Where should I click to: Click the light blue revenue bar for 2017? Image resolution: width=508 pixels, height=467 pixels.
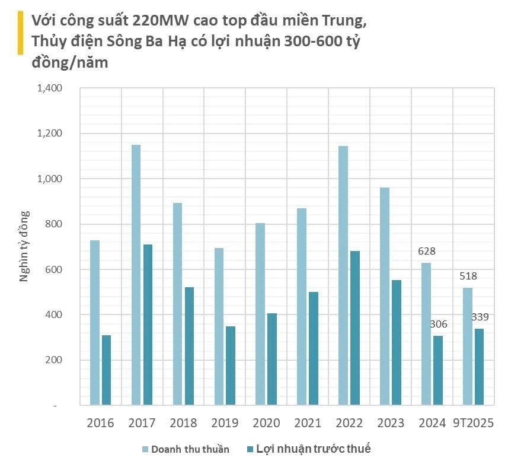(x=136, y=275)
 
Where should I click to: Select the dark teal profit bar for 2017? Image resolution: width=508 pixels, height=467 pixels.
(x=147, y=325)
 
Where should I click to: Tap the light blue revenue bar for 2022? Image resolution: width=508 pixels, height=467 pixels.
(x=343, y=275)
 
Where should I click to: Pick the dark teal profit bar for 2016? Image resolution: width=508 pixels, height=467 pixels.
(x=106, y=370)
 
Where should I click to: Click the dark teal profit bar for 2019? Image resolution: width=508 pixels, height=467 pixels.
(x=230, y=366)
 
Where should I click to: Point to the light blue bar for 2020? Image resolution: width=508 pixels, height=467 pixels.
(x=260, y=314)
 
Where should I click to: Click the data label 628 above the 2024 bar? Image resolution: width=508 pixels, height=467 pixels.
(x=426, y=250)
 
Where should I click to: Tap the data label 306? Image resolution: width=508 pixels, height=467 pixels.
(x=438, y=324)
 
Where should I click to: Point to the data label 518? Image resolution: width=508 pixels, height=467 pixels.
(x=467, y=276)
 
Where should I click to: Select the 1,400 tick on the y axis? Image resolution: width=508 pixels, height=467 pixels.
(x=50, y=88)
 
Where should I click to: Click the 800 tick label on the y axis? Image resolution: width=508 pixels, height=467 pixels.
(x=54, y=224)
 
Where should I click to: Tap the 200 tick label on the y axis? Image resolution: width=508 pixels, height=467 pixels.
(x=54, y=360)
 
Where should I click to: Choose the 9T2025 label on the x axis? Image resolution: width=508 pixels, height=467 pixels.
(x=473, y=423)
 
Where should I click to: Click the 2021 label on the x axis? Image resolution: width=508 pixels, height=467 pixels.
(x=307, y=423)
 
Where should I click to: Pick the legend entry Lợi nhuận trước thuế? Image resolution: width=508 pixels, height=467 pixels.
(x=313, y=449)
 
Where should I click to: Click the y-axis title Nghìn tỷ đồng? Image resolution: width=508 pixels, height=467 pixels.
(x=24, y=247)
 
